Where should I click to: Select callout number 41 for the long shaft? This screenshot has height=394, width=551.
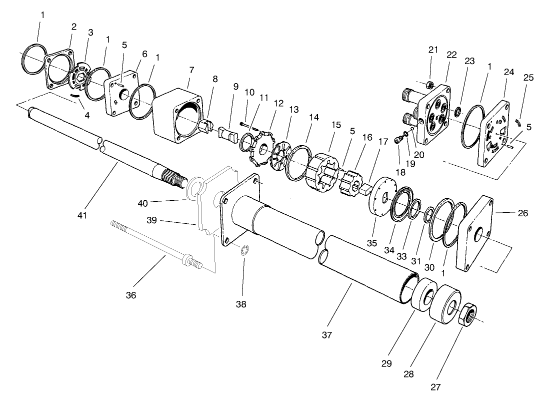82,215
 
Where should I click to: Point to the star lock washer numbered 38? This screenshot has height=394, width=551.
243,250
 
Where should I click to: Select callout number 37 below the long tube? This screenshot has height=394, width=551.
327,334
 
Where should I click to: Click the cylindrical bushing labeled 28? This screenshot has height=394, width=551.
447,306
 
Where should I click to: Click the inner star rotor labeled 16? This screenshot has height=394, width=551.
353,182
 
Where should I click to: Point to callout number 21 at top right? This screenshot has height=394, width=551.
433,50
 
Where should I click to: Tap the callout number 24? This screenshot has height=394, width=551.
509,72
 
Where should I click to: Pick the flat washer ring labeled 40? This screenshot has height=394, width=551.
196,188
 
